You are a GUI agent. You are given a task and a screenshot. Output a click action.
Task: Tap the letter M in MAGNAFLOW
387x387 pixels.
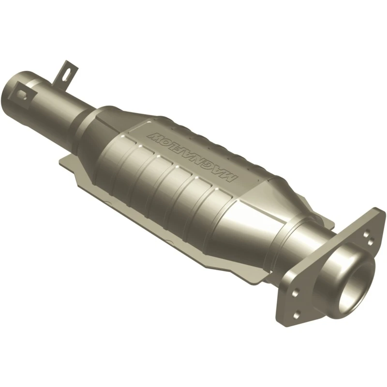point(232,177)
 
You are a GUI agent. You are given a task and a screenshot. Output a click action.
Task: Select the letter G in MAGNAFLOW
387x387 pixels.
point(210,166)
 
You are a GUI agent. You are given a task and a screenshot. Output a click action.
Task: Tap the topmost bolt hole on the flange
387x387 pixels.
point(367,233)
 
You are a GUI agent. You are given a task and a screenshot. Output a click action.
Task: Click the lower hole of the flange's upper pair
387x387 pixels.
point(370,242)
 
